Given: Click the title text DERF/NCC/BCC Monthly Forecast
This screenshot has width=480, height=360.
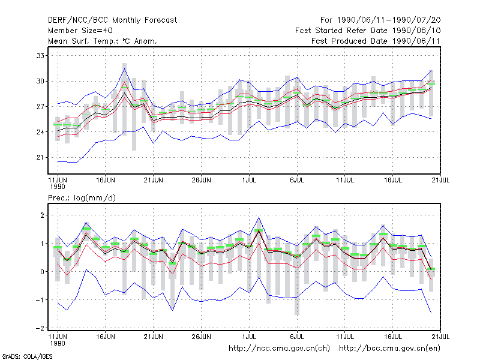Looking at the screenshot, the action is pos(112,20).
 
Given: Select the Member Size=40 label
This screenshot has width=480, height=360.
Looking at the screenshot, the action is pos(80,31).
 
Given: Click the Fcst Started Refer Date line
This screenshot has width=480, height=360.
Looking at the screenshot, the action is pos(368,31).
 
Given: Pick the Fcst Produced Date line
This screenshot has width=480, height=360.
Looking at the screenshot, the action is pos(376,41).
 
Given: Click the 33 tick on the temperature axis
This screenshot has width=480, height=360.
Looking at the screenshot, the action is pos(40,56).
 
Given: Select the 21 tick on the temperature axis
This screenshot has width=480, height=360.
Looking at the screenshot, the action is pos(40,157).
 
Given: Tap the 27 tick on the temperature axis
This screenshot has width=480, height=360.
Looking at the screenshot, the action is pos(40,107).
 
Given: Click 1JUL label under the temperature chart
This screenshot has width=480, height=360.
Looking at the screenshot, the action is pos(249,180).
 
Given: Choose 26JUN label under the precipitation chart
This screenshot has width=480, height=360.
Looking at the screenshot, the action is pos(202,337).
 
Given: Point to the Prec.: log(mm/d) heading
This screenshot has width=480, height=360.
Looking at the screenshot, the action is pos(82,198).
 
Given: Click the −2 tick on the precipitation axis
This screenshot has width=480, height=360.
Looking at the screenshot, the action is pos(40,328).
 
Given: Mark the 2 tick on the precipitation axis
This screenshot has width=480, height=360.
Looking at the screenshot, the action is pos(42,215).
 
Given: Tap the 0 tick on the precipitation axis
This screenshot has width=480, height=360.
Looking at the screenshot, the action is pos(42,272).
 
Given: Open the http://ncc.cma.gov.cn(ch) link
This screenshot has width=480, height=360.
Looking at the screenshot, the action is pos(279,349).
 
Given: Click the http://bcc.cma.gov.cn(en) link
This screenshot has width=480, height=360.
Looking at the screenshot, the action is pos(389,349).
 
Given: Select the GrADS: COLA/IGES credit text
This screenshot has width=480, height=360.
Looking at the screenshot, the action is pos(27,356).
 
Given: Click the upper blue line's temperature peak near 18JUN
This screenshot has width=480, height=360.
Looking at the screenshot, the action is pos(124,68).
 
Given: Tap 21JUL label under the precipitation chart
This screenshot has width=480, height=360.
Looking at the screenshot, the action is pos(440,337).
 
